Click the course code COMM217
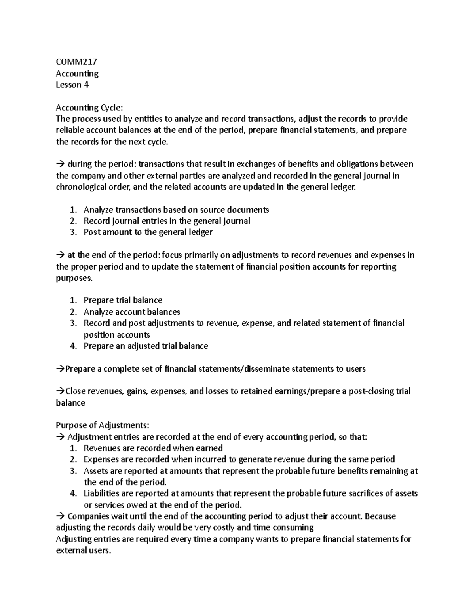point(76,62)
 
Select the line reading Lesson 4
point(72,85)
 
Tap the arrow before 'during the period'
point(60,164)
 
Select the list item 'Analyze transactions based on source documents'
point(176,210)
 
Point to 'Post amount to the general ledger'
point(148,232)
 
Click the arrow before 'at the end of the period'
point(60,255)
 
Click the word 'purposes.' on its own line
point(74,278)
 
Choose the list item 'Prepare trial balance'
point(123,300)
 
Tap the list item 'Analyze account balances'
point(132,312)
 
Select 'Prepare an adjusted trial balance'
point(146,346)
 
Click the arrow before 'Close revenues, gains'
point(60,391)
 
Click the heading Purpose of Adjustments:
point(103,425)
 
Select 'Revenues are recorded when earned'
point(153,448)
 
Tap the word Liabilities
point(103,493)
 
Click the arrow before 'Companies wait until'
point(60,516)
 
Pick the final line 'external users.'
point(83,550)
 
